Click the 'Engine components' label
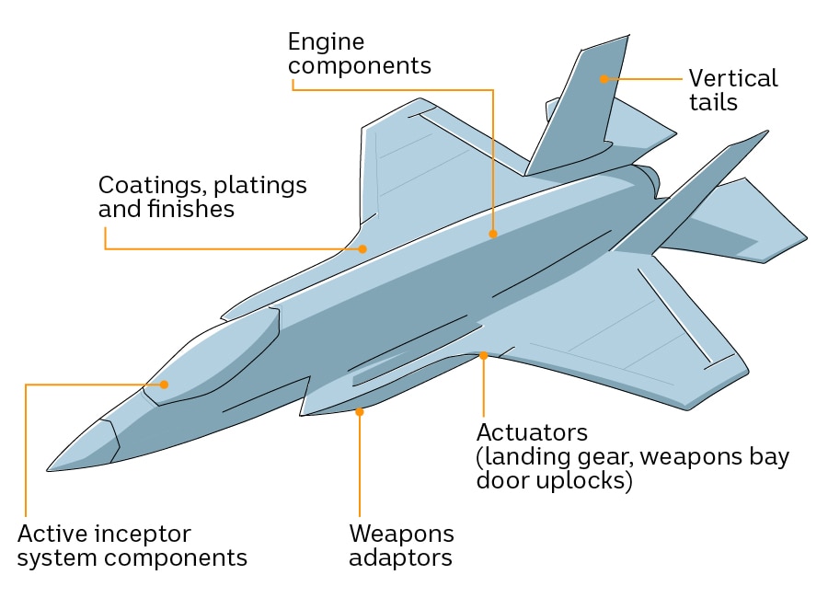(x=359, y=53)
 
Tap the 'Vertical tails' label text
(x=732, y=89)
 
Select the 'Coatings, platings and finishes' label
(x=202, y=197)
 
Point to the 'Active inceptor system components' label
(x=132, y=546)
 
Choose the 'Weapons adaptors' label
(x=401, y=546)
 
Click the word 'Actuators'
(x=532, y=432)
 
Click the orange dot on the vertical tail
(x=604, y=79)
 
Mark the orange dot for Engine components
(x=493, y=235)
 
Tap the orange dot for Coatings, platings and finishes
(x=363, y=248)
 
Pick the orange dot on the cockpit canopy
(x=165, y=385)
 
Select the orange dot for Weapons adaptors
(x=359, y=412)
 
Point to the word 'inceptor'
(x=140, y=534)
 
